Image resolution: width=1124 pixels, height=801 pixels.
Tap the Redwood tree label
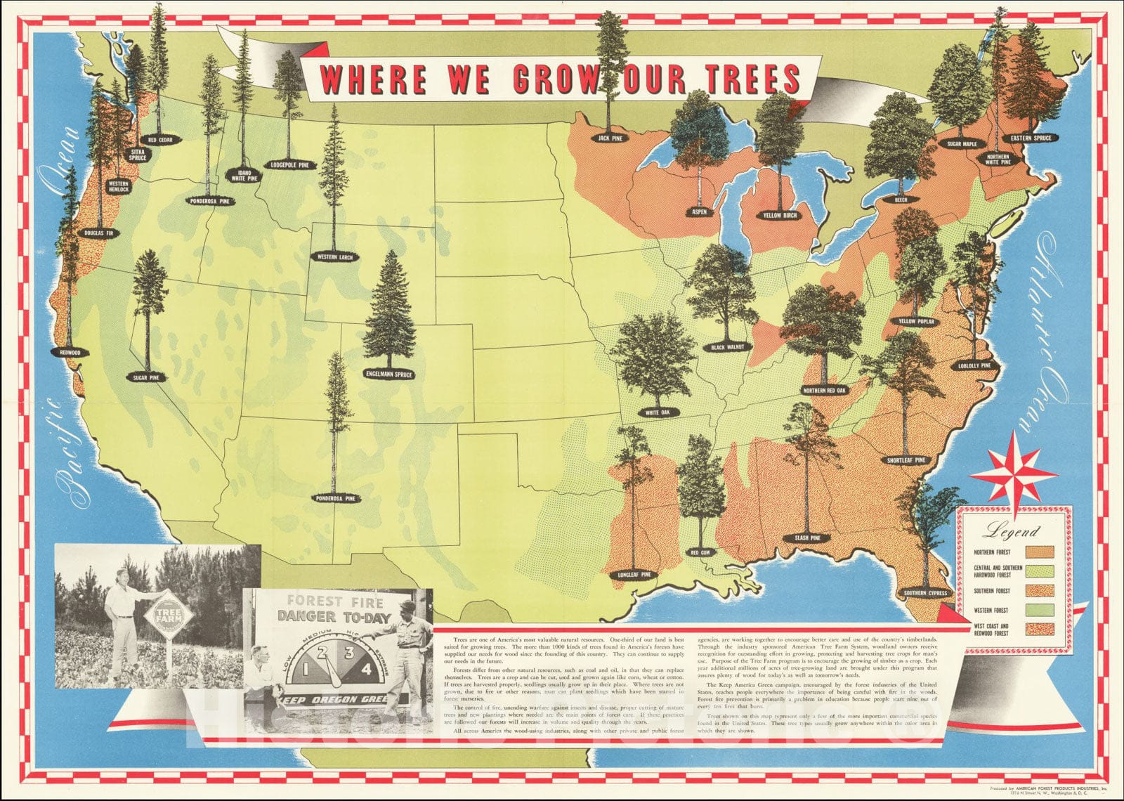[70, 352]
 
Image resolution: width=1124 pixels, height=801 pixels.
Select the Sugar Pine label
[148, 377]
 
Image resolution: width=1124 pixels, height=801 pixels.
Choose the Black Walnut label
[731, 346]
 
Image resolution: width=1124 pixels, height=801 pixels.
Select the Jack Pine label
[610, 138]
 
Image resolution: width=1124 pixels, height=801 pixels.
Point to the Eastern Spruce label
[1031, 138]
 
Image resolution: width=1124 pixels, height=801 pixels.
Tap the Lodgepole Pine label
[289, 165]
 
